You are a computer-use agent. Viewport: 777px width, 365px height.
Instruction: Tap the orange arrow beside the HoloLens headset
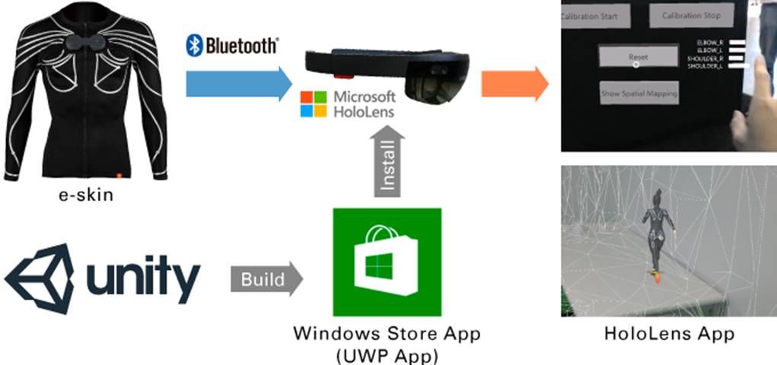514,83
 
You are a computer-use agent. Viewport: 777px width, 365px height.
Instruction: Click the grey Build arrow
266,279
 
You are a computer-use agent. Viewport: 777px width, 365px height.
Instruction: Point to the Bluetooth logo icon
194,45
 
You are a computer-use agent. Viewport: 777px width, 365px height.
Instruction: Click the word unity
144,279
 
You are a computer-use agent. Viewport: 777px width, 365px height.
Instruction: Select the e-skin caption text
86,195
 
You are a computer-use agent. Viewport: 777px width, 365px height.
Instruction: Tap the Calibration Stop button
691,15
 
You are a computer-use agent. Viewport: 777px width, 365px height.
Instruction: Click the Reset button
637,57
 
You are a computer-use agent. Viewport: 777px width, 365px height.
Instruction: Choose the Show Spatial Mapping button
638,94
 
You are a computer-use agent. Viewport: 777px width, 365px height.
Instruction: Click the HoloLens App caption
669,333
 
